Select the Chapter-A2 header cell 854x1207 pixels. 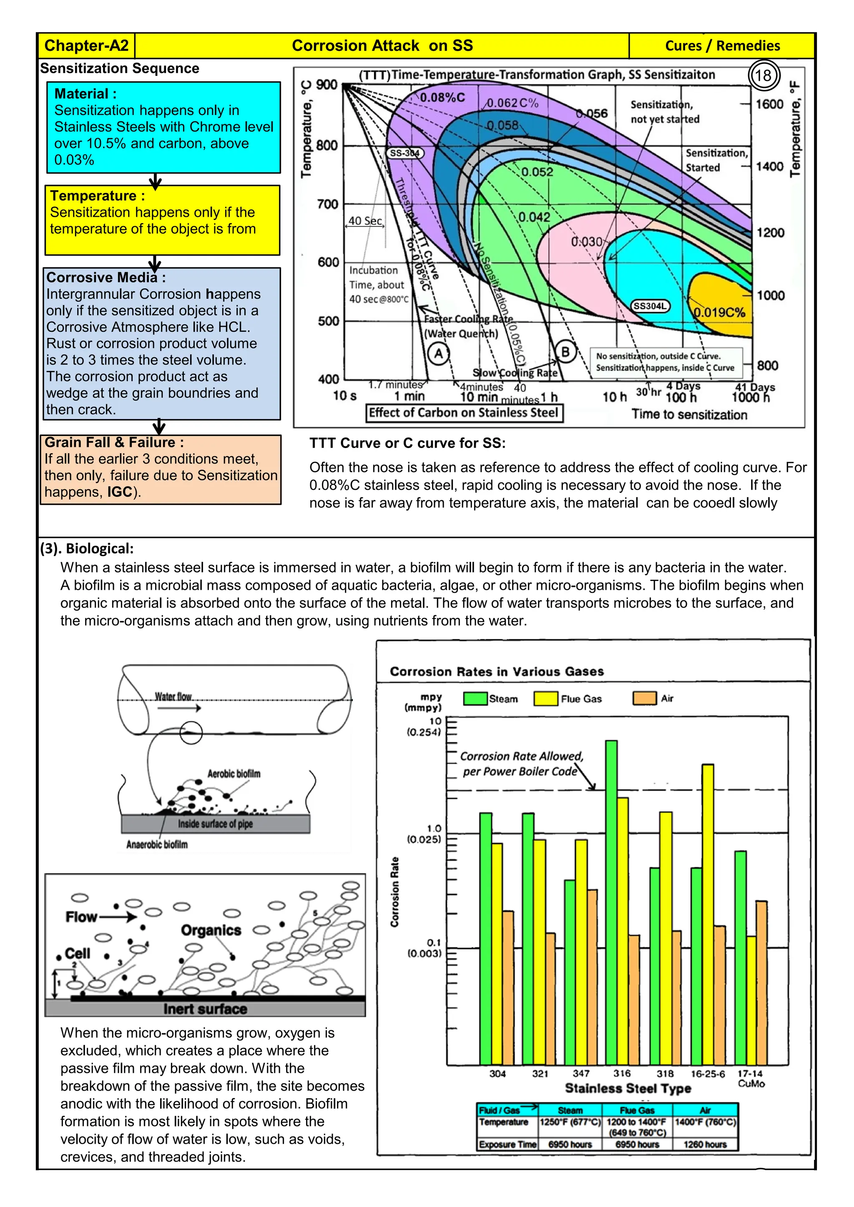point(86,46)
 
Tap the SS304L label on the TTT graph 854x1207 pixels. point(650,306)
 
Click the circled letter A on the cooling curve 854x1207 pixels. point(438,354)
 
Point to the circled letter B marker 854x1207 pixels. point(565,352)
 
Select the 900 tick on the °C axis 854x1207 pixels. point(327,85)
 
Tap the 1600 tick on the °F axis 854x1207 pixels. point(769,104)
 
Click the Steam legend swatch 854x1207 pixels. point(475,699)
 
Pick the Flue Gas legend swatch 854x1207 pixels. point(545,699)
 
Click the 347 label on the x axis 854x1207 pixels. point(580,1074)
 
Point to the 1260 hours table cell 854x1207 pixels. point(705,1144)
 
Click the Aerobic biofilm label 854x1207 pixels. point(234,774)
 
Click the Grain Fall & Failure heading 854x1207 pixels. point(114,443)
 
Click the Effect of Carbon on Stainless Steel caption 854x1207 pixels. point(463,413)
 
